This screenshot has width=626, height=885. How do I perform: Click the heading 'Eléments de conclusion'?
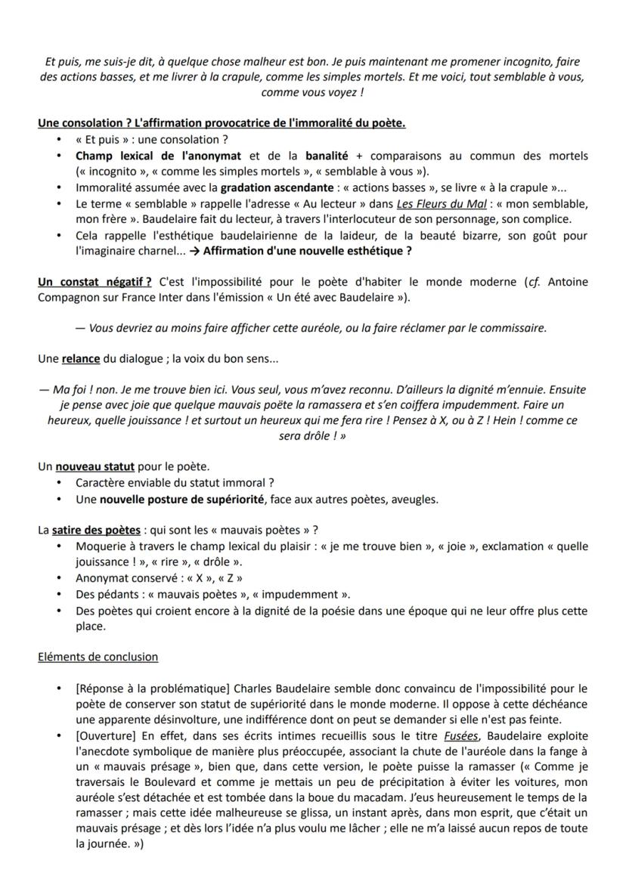pos(98,657)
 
